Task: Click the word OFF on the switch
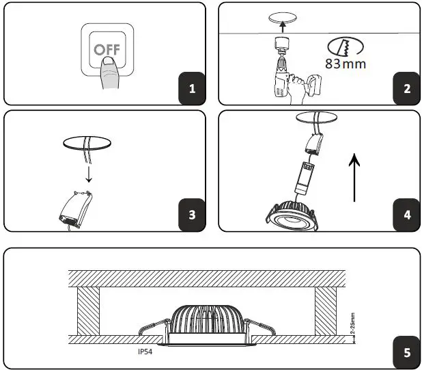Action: tap(106, 50)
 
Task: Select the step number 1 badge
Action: tap(192, 89)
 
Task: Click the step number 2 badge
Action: tap(406, 89)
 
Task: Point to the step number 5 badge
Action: tap(406, 353)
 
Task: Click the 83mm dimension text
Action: tap(346, 65)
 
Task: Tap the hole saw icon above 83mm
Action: tap(346, 46)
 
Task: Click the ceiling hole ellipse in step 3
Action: tap(87, 144)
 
